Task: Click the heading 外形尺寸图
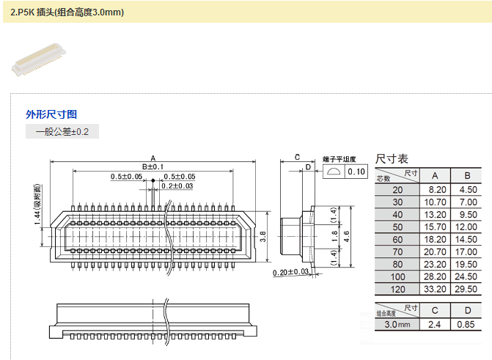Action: (x=51, y=114)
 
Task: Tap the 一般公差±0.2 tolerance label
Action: (x=62, y=132)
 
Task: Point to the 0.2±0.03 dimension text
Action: (x=177, y=185)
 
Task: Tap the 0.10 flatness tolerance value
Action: (x=356, y=172)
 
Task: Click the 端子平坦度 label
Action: (x=339, y=158)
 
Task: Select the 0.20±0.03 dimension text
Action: (x=291, y=273)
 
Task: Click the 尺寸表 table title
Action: (x=392, y=158)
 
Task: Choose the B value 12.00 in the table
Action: (x=467, y=227)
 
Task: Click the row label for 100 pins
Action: (x=397, y=276)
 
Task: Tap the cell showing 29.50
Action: (x=467, y=289)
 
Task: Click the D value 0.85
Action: (x=467, y=324)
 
